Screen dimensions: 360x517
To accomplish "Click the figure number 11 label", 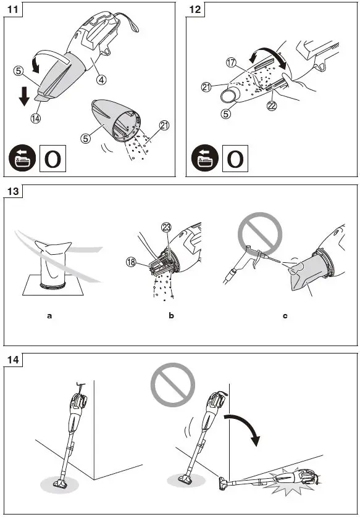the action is [x=13, y=9].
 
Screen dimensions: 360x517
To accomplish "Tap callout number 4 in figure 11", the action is [x=102, y=79].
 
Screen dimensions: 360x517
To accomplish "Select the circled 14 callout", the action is [x=36, y=118].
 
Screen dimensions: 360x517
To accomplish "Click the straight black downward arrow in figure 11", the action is [x=24, y=96].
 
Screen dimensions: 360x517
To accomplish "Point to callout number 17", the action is [x=232, y=63].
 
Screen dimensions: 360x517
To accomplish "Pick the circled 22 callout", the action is [x=272, y=106].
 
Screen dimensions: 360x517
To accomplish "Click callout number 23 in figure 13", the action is [x=165, y=228].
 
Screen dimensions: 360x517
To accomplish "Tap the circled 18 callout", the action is [x=132, y=262].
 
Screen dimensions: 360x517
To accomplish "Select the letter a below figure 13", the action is [x=49, y=316].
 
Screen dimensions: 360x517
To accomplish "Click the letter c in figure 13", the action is [x=285, y=316].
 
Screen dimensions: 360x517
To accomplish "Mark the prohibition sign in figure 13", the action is [x=260, y=234].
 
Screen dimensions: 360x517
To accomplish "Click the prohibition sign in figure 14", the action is [x=172, y=385].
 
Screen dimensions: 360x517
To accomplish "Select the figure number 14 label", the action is [x=13, y=360].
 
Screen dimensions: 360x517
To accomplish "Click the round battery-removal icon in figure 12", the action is [x=204, y=158].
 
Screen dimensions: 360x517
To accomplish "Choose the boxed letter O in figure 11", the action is [x=52, y=159].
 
